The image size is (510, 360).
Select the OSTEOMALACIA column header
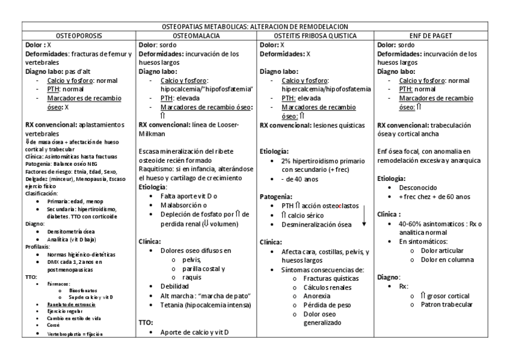pos(195,35)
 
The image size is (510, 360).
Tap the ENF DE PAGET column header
pos(435,35)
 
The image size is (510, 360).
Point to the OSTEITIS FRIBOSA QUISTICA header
pos(315,35)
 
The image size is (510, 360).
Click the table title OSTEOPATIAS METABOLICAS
pos(256,27)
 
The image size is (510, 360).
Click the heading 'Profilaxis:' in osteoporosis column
pos(38,246)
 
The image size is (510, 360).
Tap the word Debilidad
pos(173,286)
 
